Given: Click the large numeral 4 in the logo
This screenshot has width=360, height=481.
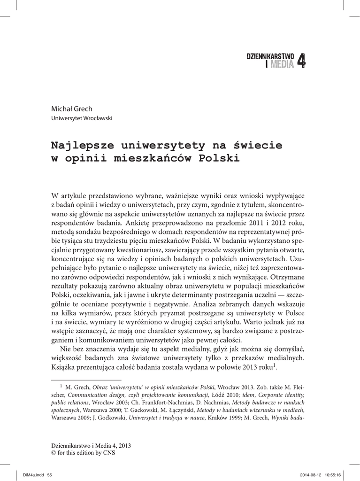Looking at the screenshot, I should pos(301,61).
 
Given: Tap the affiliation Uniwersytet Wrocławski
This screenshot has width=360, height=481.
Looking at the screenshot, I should pos(81,118).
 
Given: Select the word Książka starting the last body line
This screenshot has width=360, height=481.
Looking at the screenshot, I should pos(65,366).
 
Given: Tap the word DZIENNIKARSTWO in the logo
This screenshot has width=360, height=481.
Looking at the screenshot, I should pos(270,56).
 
